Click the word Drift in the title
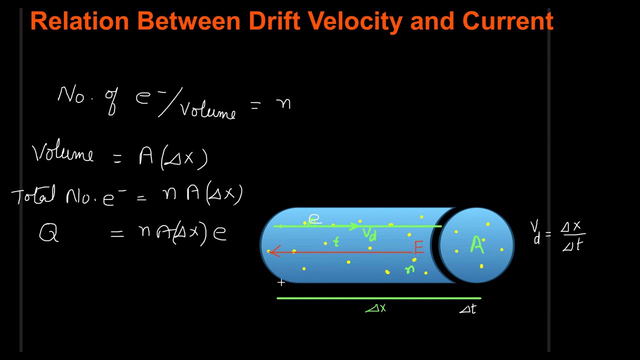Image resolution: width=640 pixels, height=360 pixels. (x=274, y=21)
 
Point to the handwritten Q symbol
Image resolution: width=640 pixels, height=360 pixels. (x=48, y=233)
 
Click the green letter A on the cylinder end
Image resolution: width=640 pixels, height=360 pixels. (x=477, y=245)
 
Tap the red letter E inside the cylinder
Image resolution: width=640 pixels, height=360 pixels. (x=418, y=247)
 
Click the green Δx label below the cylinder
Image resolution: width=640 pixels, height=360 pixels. (x=376, y=308)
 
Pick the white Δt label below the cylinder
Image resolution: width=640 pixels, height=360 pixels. (x=468, y=309)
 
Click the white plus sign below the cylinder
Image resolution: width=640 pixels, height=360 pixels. (x=281, y=283)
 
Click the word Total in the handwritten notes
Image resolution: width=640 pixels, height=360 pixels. (x=33, y=195)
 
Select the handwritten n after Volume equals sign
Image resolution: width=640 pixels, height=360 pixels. (x=283, y=103)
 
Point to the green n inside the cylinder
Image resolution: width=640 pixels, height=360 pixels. (x=410, y=269)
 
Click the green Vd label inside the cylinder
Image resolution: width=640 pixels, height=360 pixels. (x=369, y=233)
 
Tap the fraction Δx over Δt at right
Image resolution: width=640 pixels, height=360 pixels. (x=573, y=235)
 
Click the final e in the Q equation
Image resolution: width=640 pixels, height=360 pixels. (x=219, y=233)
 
